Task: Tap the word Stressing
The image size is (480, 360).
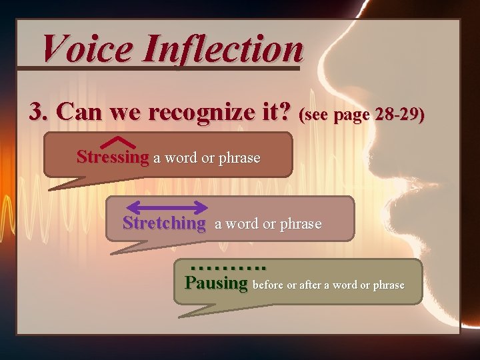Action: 113,158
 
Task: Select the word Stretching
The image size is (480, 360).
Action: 164,223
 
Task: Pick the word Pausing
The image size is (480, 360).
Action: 216,283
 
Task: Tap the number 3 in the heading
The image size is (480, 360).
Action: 36,112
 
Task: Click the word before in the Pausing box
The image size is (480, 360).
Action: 268,285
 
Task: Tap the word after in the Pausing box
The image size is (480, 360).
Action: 309,285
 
